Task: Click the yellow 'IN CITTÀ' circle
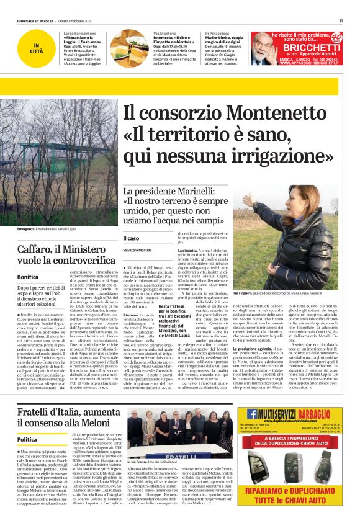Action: pos(38,47)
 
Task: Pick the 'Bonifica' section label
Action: pos(28,277)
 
